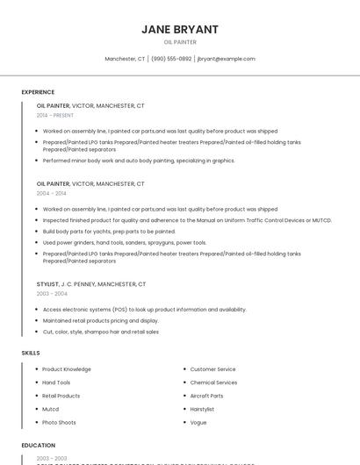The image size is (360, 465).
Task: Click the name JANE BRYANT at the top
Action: tap(180, 29)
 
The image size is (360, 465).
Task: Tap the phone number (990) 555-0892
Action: tap(171, 59)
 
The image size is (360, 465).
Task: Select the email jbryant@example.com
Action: tap(227, 59)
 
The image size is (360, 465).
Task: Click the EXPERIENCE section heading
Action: tap(38, 92)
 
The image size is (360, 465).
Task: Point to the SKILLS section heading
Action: tap(31, 353)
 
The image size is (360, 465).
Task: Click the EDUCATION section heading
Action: tap(38, 446)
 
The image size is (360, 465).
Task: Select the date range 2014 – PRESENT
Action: tap(55, 115)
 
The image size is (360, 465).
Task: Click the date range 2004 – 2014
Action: tap(51, 193)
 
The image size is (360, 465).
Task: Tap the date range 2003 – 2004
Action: tap(51, 293)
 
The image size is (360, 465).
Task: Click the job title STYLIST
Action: tap(47, 284)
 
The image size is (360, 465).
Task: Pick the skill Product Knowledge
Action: tap(67, 369)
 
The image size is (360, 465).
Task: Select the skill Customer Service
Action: tap(212, 369)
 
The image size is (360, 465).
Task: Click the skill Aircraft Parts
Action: tap(206, 396)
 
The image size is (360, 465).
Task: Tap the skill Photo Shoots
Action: tap(59, 422)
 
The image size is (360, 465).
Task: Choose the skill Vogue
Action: tap(198, 422)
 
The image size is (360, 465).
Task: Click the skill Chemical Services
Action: tap(213, 383)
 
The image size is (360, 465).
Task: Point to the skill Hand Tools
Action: tap(56, 383)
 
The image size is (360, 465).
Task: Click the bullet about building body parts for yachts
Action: tap(109, 232)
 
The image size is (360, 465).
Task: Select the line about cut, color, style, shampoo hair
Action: tap(101, 332)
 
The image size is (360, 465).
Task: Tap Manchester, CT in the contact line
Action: tap(125, 59)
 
